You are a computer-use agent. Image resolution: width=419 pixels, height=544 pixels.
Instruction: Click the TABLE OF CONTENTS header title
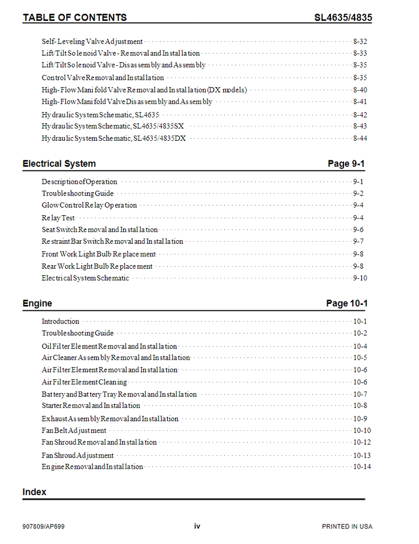pos(74,18)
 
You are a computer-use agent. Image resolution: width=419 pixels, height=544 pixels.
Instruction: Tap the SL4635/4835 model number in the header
pos(343,18)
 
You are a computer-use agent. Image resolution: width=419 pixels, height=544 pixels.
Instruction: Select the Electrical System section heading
pos(59,164)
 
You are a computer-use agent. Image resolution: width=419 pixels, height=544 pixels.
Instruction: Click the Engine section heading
pos(37,303)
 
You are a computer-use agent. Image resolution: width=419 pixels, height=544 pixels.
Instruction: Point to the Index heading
pos(34,492)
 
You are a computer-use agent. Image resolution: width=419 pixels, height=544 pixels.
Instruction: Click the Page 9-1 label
pos(346,164)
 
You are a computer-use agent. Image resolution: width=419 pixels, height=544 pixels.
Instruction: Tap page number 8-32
pos(360,41)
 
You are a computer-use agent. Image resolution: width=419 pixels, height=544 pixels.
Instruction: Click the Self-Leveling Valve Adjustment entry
pos(92,41)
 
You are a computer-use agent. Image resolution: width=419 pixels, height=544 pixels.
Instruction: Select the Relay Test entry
pos(58,218)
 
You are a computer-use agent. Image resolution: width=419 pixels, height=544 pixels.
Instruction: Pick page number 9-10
pos(360,278)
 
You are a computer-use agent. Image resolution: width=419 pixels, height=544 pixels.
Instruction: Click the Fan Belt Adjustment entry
pos(74,431)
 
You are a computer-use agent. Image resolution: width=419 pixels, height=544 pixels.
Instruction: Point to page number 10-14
pos(362,466)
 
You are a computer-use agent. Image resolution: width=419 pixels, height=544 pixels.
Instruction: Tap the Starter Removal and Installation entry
pos(91,405)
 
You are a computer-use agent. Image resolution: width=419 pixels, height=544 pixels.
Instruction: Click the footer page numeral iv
pos(197,526)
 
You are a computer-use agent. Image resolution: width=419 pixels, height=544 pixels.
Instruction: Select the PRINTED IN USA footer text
pos(347,526)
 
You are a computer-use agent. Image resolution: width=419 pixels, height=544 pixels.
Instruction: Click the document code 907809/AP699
pos(44,526)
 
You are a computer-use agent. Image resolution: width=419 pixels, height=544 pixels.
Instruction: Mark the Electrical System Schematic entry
pos(85,278)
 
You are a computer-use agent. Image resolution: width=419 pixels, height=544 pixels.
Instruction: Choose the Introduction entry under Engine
pos(61,321)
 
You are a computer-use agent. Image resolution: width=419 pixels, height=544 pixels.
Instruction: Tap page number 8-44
pos(360,138)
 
